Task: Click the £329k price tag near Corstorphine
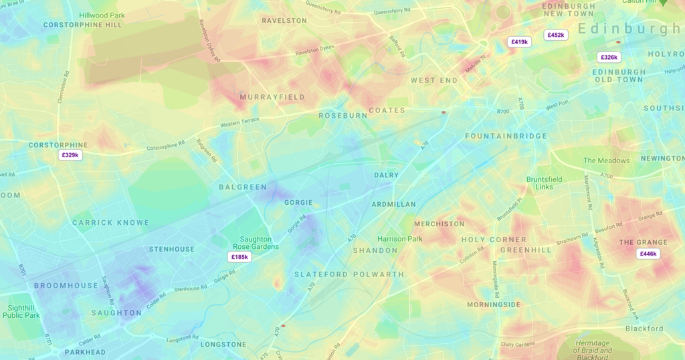coord(70,155)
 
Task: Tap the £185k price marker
coord(239,257)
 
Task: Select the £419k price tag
coord(520,41)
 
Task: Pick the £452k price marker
coord(556,35)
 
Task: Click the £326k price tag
coord(609,58)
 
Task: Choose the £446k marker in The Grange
coord(648,254)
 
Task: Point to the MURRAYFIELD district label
coord(272,97)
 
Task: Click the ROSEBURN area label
coord(342,115)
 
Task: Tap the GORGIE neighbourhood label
coord(298,202)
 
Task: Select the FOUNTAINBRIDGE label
coord(506,136)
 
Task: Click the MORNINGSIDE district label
coord(493,304)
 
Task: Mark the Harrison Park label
coord(400,239)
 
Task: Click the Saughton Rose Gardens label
coord(256,243)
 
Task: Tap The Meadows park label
coord(606,161)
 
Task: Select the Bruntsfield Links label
coord(545,183)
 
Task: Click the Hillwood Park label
coord(102,15)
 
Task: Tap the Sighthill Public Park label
coord(21,311)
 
